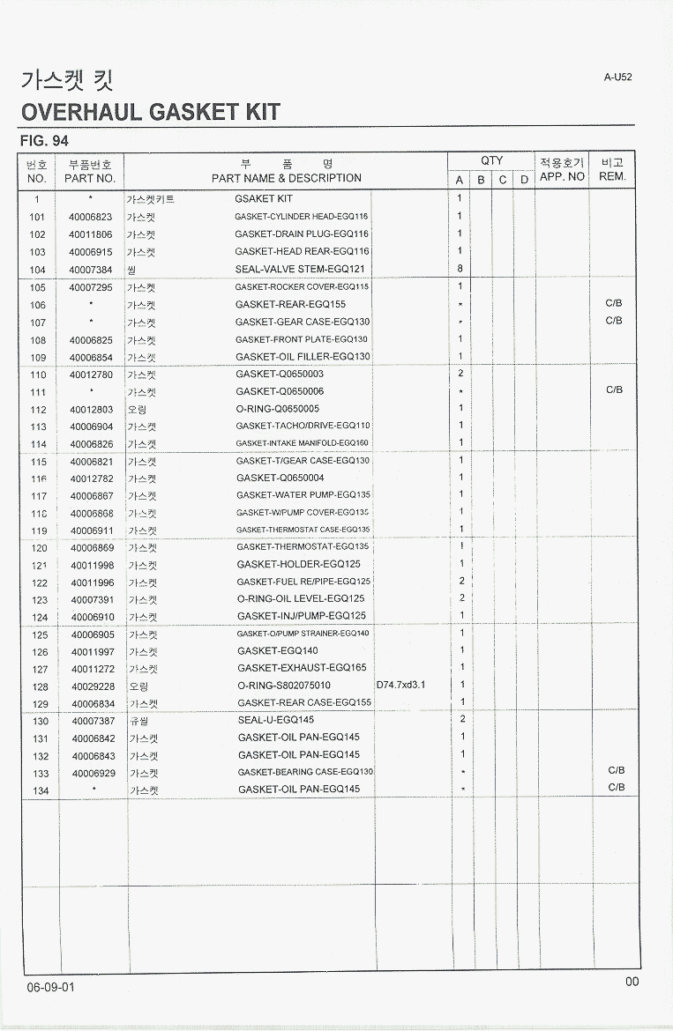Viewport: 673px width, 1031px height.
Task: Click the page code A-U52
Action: [x=617, y=77]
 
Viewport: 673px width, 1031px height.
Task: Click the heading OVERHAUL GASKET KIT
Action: [x=150, y=112]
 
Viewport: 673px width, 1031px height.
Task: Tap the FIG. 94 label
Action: [x=44, y=141]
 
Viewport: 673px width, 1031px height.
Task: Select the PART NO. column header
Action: [x=90, y=178]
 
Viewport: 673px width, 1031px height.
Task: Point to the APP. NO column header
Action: [x=562, y=176]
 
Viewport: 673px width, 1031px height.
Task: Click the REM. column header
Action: [x=611, y=176]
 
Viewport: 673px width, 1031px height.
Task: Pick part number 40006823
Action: [x=90, y=217]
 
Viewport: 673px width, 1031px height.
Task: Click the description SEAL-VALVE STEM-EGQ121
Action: [x=300, y=270]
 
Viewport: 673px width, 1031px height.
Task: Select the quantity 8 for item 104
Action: [x=460, y=270]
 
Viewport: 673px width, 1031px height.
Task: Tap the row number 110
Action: [x=38, y=375]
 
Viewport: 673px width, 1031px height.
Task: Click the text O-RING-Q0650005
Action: [x=278, y=409]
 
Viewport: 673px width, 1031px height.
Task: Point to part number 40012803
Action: [x=91, y=410]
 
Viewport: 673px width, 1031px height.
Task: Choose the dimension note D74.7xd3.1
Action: [x=401, y=685]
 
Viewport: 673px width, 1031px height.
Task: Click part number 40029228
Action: [x=93, y=686]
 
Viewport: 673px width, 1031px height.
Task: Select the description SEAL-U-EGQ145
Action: [x=276, y=720]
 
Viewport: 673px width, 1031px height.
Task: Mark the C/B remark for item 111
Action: [x=614, y=389]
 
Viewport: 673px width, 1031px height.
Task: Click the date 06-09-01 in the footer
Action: [x=50, y=987]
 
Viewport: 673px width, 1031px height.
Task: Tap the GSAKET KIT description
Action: [x=264, y=199]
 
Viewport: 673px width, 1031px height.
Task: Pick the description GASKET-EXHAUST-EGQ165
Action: [x=302, y=668]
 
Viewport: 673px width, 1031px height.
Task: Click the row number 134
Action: [x=41, y=790]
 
